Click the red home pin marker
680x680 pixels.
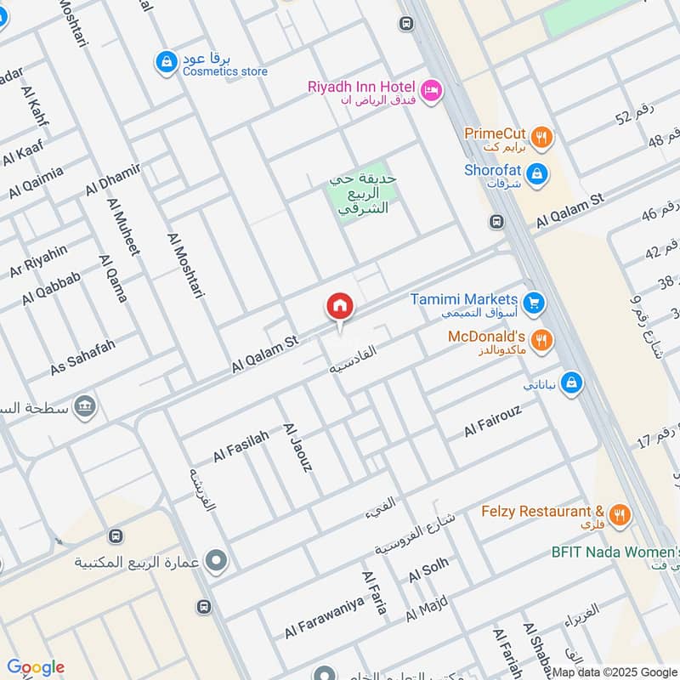tap(340, 308)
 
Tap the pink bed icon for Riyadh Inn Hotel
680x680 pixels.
tap(432, 89)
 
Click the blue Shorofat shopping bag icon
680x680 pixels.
tap(536, 175)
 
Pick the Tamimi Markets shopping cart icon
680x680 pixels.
tap(534, 302)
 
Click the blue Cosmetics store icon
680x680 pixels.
tap(165, 62)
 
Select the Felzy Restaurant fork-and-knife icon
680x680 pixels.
tap(620, 513)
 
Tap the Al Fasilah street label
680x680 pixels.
tap(241, 445)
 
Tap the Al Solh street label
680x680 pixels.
tap(428, 573)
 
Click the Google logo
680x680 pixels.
tap(35, 667)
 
